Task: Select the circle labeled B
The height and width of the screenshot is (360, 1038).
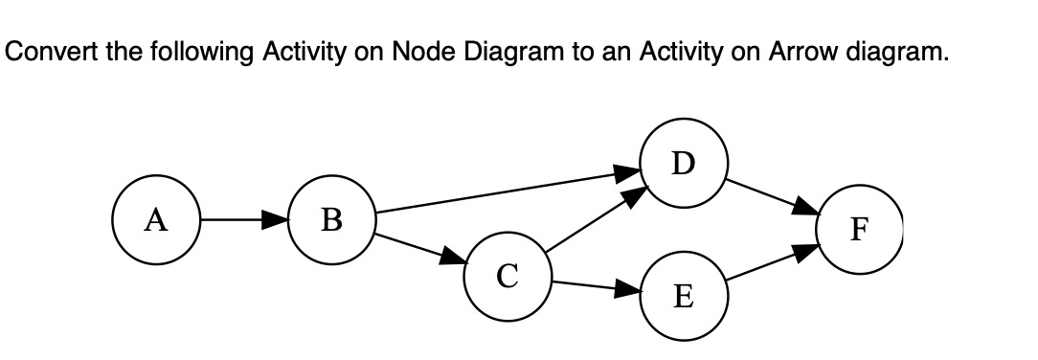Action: pos(331,220)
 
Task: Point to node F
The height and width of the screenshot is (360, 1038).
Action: pos(858,230)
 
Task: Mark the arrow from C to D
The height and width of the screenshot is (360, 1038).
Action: pos(594,220)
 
